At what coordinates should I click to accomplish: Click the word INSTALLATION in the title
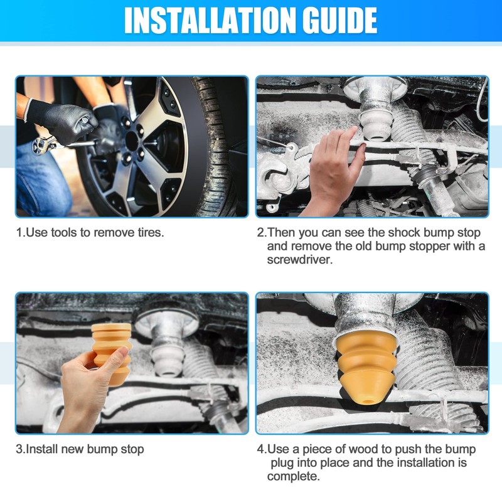pos(210,20)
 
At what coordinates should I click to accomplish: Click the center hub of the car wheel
pos(132,141)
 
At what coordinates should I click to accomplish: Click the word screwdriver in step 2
pos(299,260)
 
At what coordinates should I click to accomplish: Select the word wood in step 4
pos(363,449)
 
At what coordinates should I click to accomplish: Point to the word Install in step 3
pos(43,449)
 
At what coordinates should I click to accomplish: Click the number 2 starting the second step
pos(260,233)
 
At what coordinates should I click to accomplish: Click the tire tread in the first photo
pos(218,147)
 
